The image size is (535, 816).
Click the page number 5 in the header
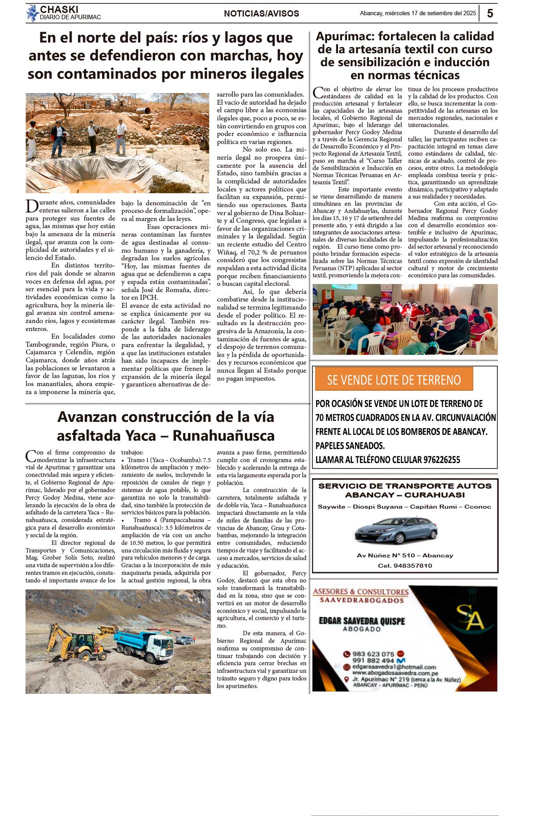tap(490, 13)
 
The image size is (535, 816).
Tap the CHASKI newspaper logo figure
tap(33, 13)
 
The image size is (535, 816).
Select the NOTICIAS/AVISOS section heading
tap(261, 14)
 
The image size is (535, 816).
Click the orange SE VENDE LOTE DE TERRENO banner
tap(394, 380)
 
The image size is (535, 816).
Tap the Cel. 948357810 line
tap(405, 565)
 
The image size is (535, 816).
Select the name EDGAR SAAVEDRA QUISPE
tap(362, 621)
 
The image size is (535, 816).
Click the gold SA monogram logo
tap(470, 617)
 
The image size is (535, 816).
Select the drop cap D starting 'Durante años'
tap(32, 206)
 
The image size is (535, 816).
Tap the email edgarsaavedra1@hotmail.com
tap(394, 667)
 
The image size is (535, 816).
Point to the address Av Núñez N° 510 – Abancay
tap(405, 555)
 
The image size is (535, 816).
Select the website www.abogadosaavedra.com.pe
tap(395, 673)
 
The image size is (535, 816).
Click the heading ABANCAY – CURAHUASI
tap(405, 495)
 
